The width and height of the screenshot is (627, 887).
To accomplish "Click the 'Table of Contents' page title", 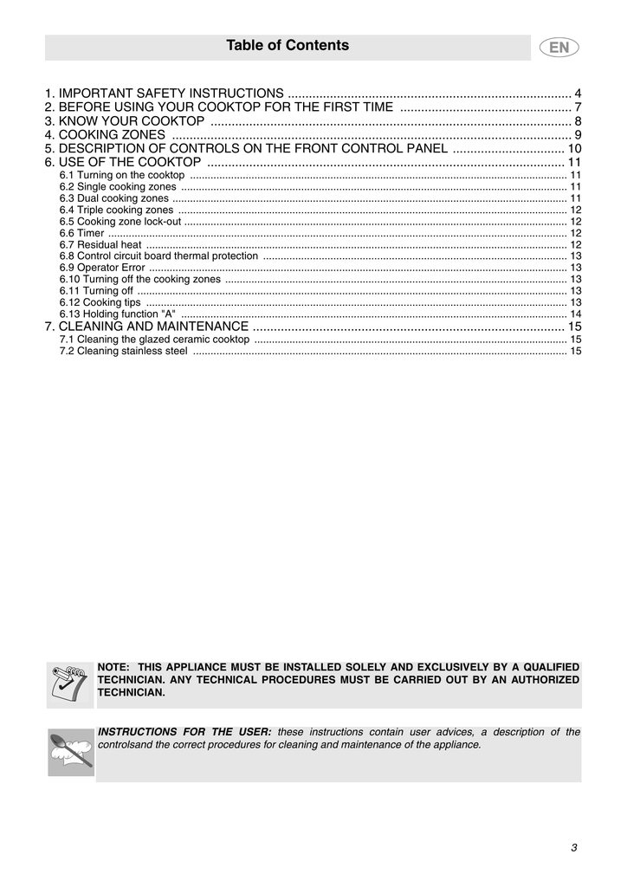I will point(288,46).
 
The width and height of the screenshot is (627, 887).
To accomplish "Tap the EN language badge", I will point(559,48).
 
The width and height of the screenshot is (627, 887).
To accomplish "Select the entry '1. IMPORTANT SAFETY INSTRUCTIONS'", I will point(165,94).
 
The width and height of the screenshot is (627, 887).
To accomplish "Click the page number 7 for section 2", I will point(577,107).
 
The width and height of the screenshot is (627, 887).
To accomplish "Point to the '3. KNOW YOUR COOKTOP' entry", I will point(125,121).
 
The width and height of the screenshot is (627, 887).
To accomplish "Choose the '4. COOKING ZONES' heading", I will point(105,135).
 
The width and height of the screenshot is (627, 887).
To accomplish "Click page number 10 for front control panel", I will point(573,149).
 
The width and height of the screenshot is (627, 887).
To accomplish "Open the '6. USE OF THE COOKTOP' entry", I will point(123,163).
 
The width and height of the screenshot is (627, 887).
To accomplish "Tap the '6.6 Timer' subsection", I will point(81,233).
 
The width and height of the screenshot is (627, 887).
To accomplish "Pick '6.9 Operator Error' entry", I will point(102,268).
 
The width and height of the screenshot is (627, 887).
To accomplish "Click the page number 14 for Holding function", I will point(575,314).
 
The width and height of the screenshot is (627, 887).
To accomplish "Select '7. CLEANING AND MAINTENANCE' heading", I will point(146,327).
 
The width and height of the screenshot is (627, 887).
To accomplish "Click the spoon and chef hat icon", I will point(70,752).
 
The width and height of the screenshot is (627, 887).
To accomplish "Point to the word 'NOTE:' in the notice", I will point(113,667).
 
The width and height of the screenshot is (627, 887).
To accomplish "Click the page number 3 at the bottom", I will point(573,847).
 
